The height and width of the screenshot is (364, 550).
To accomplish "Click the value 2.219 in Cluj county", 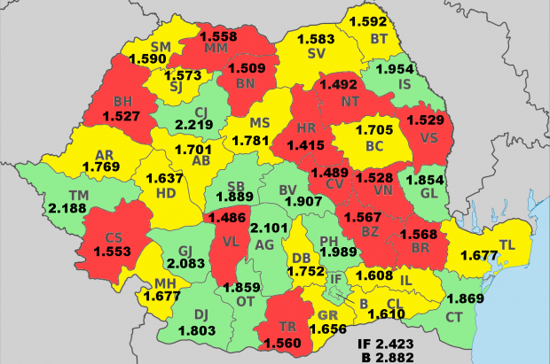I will pos(192,127).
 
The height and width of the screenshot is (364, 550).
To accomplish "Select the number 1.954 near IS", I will pos(395,69).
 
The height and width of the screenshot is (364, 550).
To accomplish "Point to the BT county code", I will pos(379,38).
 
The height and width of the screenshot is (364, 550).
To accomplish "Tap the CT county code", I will pos(454,317).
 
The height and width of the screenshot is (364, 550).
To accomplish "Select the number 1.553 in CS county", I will pos(111,252).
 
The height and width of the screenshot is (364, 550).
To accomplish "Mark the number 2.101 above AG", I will pos(268,228).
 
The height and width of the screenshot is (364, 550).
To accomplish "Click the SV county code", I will pos(316,54).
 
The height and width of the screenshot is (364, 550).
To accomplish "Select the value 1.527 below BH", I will pos(121,116).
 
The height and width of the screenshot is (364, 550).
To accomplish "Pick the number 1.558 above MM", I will pos(217,35).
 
